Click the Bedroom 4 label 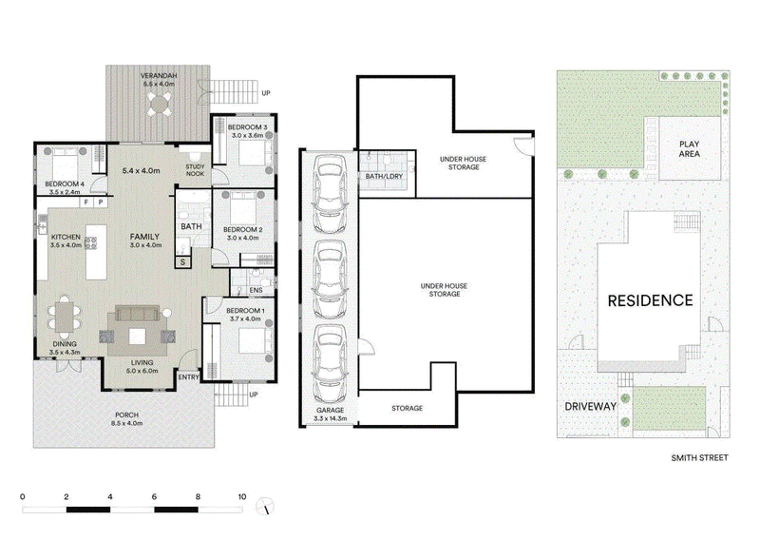pos(65,184)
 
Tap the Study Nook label pos(196,170)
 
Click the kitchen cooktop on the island pos(90,243)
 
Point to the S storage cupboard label pos(182,262)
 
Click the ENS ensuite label pos(256,290)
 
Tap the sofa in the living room pos(137,314)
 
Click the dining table pos(64,317)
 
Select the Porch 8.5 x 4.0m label pos(126,418)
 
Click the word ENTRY pos(188,377)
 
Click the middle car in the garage pos(330,279)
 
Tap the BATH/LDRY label pos(384,176)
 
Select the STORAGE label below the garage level pos(408,409)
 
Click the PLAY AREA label pos(690,149)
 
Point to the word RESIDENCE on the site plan pos(651,300)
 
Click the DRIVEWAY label pos(590,407)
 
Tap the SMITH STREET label pos(699,457)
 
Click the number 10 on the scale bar pos(242,496)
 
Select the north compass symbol pos(265,506)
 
